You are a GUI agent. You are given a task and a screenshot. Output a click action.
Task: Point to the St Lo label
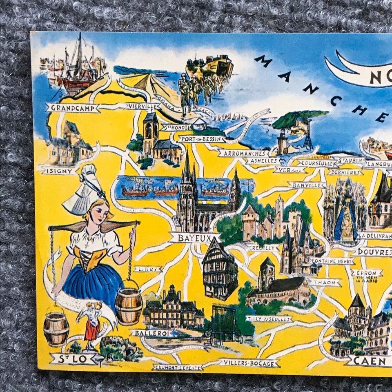point(74,359)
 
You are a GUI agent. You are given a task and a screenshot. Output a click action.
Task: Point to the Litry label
point(148,269)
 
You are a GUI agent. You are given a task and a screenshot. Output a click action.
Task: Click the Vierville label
point(143,106)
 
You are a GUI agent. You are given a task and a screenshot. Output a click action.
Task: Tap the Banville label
point(307,185)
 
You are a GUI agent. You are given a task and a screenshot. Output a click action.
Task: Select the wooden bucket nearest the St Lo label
point(56,329)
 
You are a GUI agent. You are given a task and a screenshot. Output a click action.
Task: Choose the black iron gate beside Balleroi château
point(224,323)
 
